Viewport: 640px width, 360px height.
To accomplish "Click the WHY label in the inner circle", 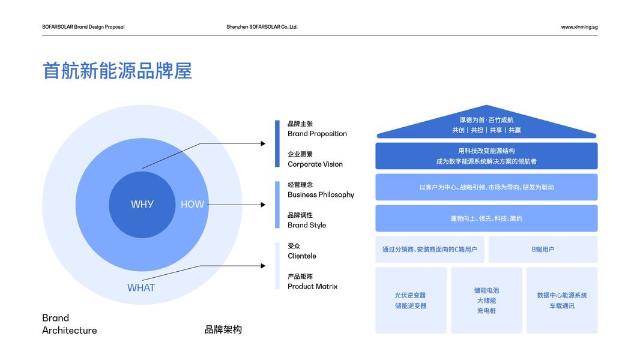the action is click(142, 204).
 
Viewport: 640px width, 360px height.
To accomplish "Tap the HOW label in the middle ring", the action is click(192, 204).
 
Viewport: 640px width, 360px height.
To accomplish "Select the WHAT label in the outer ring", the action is click(141, 288).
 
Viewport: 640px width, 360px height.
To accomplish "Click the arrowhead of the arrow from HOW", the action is click(263, 205).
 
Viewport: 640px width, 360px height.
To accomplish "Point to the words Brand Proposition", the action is click(317, 134).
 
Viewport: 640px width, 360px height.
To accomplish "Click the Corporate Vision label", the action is click(315, 164).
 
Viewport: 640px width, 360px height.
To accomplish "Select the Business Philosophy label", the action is click(321, 195).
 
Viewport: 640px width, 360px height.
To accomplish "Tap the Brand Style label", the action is click(307, 225).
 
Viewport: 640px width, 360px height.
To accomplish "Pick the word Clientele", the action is click(301, 256).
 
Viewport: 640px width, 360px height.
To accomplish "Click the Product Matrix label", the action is click(313, 287).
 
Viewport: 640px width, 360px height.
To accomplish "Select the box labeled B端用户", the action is click(543, 250).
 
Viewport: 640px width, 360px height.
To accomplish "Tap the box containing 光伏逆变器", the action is click(411, 301).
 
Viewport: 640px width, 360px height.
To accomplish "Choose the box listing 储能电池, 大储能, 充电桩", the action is click(486, 301).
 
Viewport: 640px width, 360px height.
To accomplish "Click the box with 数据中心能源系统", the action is click(562, 301).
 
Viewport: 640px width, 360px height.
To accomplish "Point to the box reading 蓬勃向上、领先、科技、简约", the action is click(486, 218).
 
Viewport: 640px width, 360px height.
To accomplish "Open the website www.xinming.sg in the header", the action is click(579, 27).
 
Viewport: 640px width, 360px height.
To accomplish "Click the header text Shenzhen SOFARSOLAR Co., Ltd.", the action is click(262, 27).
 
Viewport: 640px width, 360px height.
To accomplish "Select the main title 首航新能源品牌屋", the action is click(117, 71).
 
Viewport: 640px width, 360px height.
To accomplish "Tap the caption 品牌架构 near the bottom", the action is click(223, 329).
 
